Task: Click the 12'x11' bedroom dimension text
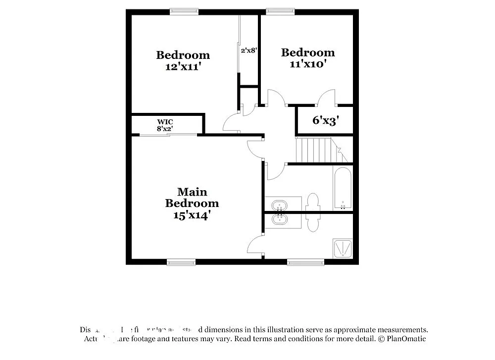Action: click(x=183, y=67)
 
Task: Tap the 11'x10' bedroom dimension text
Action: click(x=308, y=64)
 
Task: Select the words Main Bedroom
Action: click(x=192, y=197)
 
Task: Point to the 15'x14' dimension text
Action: click(x=192, y=215)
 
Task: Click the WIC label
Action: click(x=165, y=122)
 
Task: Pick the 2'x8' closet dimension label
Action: click(x=248, y=50)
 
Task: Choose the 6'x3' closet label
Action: click(x=325, y=120)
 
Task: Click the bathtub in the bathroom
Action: click(x=343, y=189)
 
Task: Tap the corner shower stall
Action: click(x=343, y=248)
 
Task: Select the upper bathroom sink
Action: click(x=279, y=205)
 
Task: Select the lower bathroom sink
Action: click(x=279, y=219)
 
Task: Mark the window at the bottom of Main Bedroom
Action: click(x=181, y=261)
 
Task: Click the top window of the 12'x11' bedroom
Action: click(x=184, y=11)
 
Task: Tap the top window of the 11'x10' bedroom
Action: click(x=280, y=11)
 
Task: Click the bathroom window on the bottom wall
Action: click(x=305, y=261)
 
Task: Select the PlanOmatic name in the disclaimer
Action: click(x=407, y=339)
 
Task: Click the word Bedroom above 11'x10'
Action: click(x=308, y=52)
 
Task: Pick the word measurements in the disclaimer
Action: click(x=397, y=330)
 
